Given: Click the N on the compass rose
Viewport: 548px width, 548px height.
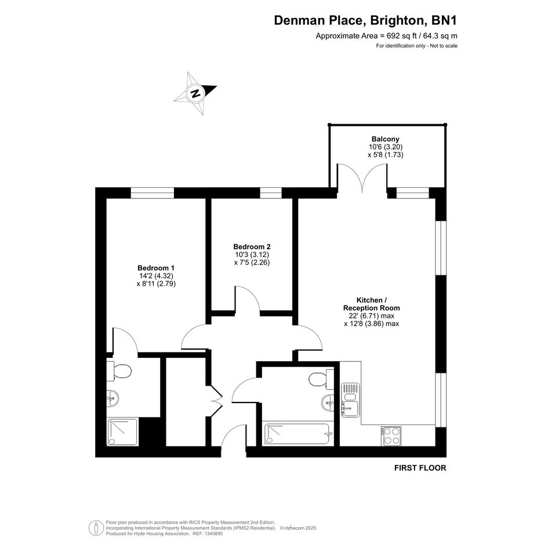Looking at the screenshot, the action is point(195,94).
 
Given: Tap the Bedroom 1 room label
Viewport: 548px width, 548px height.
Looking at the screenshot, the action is point(156,268).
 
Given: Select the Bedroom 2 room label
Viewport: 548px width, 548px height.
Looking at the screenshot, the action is point(252,246).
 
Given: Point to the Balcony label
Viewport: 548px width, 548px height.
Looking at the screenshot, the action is point(386,139).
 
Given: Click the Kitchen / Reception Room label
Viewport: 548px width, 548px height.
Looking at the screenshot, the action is point(372,304).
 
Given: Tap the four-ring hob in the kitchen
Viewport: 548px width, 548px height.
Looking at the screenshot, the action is point(391,436).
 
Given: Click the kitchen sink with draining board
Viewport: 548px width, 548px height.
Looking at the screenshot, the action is point(350,400).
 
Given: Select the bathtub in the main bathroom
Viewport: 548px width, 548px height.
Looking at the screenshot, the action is point(297,434).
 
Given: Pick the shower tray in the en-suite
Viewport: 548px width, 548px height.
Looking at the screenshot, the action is point(122,432).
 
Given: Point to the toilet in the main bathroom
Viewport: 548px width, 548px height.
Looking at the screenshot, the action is point(321,379).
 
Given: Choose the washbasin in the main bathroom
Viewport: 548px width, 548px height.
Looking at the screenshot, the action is point(328,402).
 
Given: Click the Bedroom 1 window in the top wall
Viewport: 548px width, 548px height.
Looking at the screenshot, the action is point(153,193).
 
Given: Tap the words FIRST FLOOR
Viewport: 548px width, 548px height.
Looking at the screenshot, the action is point(420,467).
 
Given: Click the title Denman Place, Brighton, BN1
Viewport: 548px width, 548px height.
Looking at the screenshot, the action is point(365,20).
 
